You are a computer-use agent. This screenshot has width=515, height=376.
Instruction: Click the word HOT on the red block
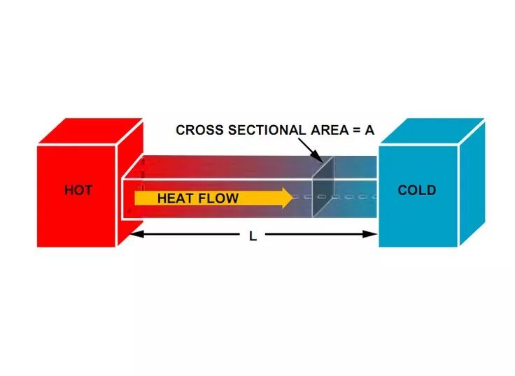pos(78,190)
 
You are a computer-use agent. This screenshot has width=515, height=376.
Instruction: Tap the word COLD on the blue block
pos(416,190)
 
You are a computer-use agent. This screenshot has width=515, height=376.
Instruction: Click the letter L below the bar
pos(253,236)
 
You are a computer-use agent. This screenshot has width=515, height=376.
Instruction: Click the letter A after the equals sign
pos(369,130)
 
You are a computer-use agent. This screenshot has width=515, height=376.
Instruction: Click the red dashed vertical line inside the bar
pos(142,175)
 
